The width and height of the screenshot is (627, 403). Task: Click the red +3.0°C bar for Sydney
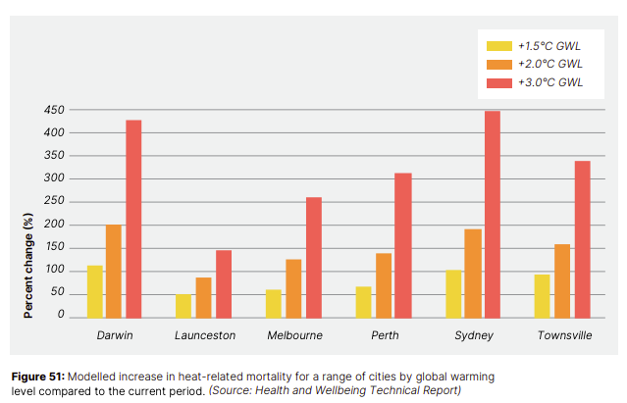tap(493, 214)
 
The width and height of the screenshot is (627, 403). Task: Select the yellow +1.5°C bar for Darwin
tap(95, 291)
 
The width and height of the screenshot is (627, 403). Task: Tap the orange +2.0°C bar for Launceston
tap(203, 297)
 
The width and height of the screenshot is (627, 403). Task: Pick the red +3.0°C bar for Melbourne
tap(314, 257)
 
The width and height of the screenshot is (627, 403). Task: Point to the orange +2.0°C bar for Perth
tap(384, 284)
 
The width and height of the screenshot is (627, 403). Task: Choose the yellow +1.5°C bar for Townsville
tap(543, 295)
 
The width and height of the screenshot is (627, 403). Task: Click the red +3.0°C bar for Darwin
tap(133, 219)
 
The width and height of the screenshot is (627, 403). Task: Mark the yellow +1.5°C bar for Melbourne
tap(275, 303)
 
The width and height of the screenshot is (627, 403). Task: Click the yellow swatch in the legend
tap(498, 45)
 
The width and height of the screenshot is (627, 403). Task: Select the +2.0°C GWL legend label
tap(549, 64)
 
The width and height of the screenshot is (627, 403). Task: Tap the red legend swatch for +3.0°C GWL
tap(498, 82)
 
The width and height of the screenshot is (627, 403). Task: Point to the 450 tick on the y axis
tap(55, 110)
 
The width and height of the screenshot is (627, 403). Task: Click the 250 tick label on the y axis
tap(55, 201)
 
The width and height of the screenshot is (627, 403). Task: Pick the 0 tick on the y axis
tap(62, 316)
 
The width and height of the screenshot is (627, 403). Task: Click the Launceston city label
tap(203, 335)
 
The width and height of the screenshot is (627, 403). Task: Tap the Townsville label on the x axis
tap(563, 335)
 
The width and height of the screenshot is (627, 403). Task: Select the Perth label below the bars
tap(384, 335)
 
